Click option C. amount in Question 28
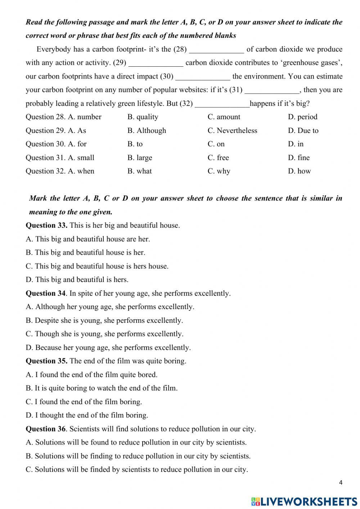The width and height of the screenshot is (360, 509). [224, 117]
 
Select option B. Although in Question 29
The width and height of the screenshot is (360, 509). [147, 130]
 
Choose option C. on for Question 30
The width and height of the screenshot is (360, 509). [216, 144]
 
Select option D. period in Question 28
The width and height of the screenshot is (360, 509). [302, 117]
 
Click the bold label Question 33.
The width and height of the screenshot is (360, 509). [46, 226]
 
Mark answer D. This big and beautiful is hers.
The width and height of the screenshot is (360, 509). [77, 280]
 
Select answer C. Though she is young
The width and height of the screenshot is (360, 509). [104, 334]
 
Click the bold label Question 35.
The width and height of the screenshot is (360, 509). [46, 361]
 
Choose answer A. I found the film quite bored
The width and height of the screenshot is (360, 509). [91, 375]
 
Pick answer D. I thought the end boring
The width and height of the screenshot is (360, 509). [87, 415]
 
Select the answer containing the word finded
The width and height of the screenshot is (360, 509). [137, 469]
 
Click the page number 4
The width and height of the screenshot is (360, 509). [341, 483]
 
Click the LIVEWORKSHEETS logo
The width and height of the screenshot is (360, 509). [304, 501]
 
